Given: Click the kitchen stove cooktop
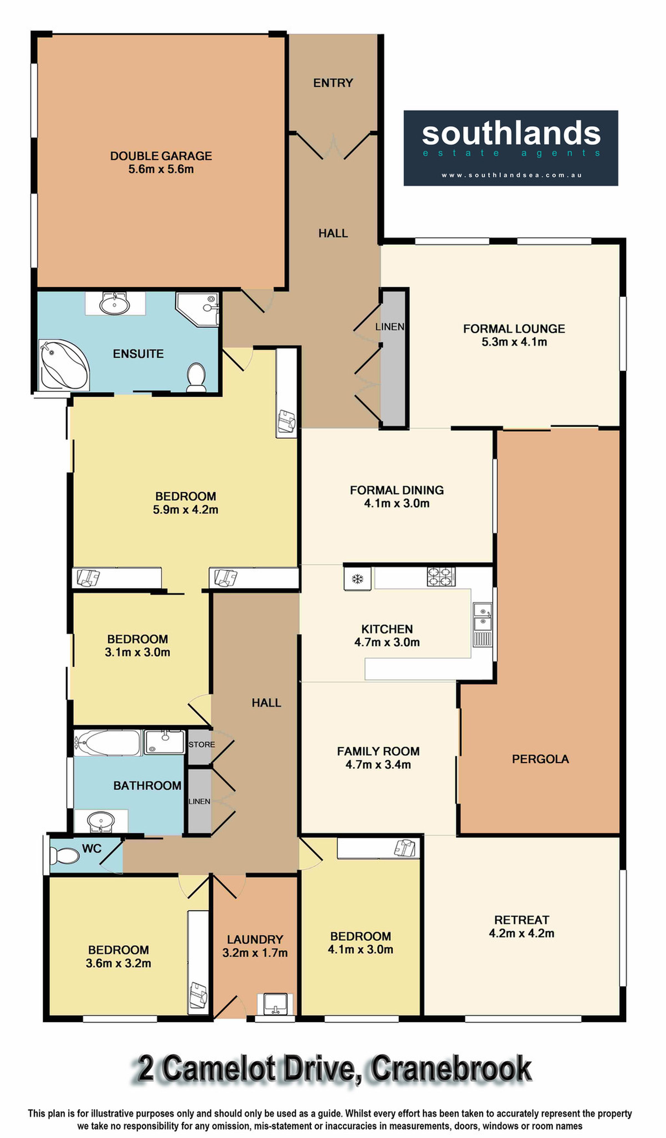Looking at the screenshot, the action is (x=441, y=577).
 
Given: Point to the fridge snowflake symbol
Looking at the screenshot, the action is (x=358, y=579).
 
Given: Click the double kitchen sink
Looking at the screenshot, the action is (x=482, y=617).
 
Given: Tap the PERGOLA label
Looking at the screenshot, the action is (x=540, y=759).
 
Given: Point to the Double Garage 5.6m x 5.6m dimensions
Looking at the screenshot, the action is (x=161, y=169).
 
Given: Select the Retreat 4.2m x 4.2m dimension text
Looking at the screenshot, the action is (x=521, y=933).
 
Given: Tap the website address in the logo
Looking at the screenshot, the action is (x=512, y=175).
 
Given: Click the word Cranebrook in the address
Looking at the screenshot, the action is (x=451, y=1069).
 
